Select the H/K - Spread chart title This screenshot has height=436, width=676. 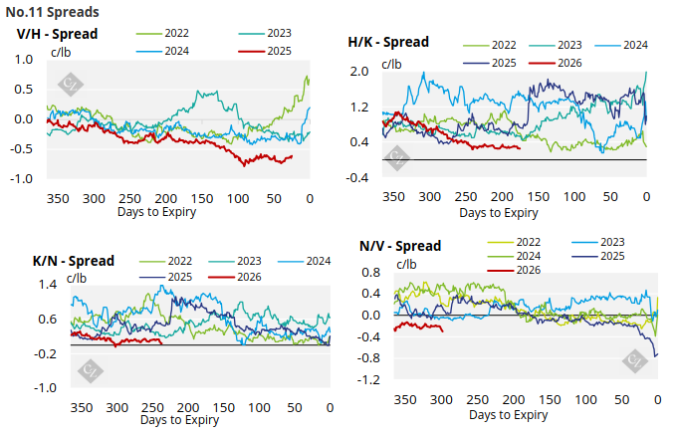[x=388, y=43]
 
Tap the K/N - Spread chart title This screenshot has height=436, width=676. [x=75, y=261]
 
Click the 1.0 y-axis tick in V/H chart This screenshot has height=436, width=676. [x=24, y=60]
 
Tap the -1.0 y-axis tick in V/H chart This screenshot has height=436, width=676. [x=22, y=179]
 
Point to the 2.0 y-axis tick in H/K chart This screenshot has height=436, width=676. [x=359, y=72]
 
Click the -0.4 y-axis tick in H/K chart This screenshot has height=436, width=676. [x=357, y=177]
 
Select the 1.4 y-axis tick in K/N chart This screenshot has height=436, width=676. [x=46, y=285]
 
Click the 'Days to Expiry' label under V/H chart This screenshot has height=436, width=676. [x=156, y=212]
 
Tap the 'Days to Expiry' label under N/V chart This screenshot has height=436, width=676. [x=508, y=415]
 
